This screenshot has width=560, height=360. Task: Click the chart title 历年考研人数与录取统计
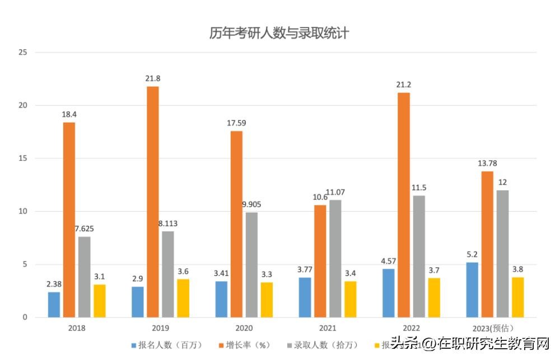(x=279, y=33)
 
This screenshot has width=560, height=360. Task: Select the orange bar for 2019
(x=153, y=202)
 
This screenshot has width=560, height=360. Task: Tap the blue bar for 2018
(x=54, y=305)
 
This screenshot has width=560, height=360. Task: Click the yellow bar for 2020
(x=267, y=300)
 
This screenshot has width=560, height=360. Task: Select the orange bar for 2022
(x=404, y=205)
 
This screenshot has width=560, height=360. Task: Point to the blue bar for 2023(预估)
(x=472, y=289)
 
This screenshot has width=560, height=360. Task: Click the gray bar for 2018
(x=84, y=277)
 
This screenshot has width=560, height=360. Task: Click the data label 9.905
(x=251, y=204)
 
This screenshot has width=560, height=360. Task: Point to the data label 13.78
(x=487, y=163)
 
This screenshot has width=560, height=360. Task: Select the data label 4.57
(x=388, y=260)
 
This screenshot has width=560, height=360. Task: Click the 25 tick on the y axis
(x=23, y=53)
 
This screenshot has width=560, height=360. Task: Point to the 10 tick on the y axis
(x=23, y=212)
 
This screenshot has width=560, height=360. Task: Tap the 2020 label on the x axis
(x=244, y=328)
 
